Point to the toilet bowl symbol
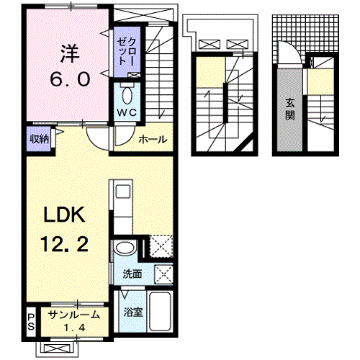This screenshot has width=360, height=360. [127, 96]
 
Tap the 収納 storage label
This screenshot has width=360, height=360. [40, 138]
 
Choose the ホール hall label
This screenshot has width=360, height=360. [153, 139]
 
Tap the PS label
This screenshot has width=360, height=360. [31, 321]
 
